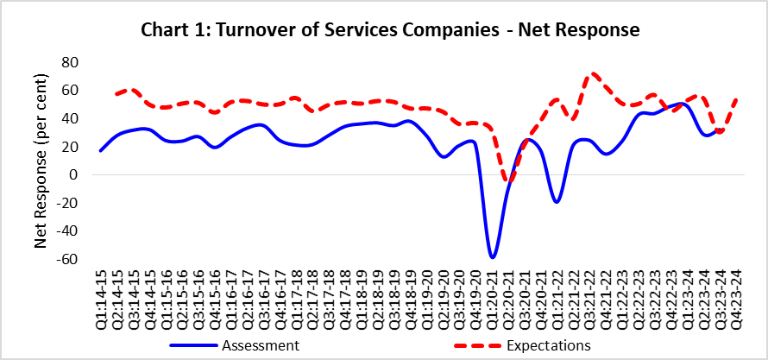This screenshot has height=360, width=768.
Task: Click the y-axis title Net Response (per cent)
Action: point(41,161)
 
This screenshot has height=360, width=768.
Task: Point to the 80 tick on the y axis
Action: point(70,62)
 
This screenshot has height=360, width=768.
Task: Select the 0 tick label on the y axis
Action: point(74,174)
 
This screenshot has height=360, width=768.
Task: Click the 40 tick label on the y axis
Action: point(70,118)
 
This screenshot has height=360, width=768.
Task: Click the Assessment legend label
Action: point(260,345)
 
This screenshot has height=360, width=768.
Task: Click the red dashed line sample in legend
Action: point(478,345)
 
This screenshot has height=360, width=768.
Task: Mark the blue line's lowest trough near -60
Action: point(492,257)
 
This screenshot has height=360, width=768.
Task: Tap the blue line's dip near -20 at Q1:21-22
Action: point(557,201)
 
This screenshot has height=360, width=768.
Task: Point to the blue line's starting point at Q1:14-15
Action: point(101,150)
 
